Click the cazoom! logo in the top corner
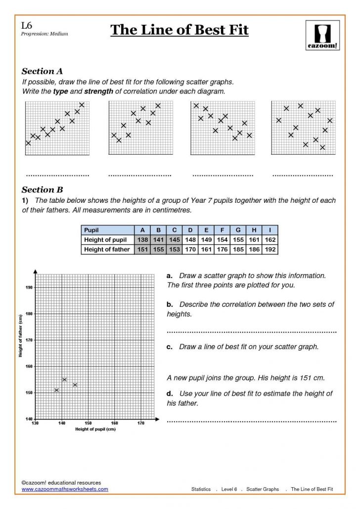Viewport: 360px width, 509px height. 322,35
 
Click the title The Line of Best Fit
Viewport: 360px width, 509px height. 179,30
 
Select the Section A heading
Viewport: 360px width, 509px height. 42,71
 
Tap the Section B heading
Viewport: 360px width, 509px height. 42,189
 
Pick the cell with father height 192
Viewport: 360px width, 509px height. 270,250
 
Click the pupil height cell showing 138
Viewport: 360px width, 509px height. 142,240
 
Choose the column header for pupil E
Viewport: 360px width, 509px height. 206,230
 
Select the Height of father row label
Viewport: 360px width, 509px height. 107,250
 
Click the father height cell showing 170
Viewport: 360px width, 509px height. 190,250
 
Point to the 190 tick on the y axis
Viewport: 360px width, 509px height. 29,287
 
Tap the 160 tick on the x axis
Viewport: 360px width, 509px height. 114,423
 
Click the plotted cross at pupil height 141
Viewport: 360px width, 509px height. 64,379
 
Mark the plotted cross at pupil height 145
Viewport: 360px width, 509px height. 75,385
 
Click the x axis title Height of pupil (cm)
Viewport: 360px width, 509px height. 95,429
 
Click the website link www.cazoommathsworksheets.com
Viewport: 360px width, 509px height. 64,489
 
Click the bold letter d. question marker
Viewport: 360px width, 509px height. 170,393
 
